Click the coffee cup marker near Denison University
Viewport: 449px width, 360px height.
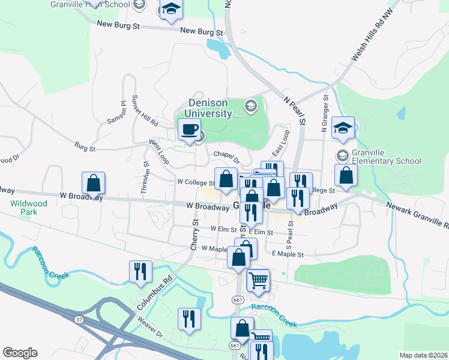190,130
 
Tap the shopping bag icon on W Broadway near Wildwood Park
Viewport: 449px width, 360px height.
94,183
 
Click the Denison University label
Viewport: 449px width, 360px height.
209,108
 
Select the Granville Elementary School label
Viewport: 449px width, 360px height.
387,157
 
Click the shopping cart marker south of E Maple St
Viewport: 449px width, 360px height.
258,280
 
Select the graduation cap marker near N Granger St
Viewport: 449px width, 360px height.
343,127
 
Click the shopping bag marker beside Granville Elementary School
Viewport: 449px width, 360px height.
346,175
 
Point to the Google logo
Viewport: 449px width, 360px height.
20,353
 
